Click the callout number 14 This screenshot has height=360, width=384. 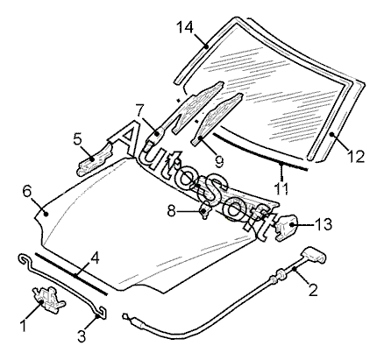pyautogui.click(x=185, y=28)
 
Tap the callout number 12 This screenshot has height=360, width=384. pyautogui.click(x=356, y=157)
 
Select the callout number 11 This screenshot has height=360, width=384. pyautogui.click(x=281, y=188)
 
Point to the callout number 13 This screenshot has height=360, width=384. pyautogui.click(x=324, y=224)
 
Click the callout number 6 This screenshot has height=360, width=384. pyautogui.click(x=26, y=192)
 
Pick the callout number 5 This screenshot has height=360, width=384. pyautogui.click(x=77, y=139)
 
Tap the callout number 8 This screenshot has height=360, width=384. pyautogui.click(x=172, y=211)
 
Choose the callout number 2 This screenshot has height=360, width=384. pyautogui.click(x=313, y=290)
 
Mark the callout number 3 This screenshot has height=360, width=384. pyautogui.click(x=82, y=335)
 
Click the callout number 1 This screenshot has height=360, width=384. pyautogui.click(x=23, y=326)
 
